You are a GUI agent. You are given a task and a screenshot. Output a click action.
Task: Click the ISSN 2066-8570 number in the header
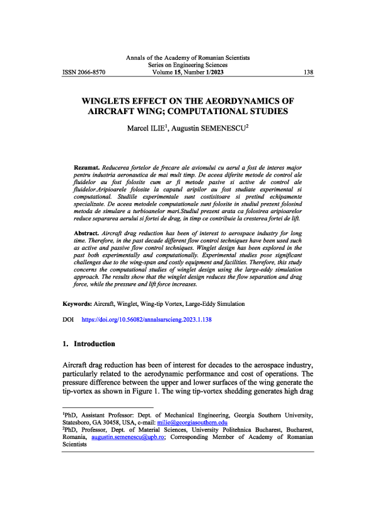point(84,73)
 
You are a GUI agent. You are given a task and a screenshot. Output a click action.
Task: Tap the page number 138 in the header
point(308,73)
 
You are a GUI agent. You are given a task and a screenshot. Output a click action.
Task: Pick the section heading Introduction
point(95,345)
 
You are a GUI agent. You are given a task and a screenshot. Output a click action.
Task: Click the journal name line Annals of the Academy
point(188,57)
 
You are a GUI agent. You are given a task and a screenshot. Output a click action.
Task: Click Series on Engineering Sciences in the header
point(188,65)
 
